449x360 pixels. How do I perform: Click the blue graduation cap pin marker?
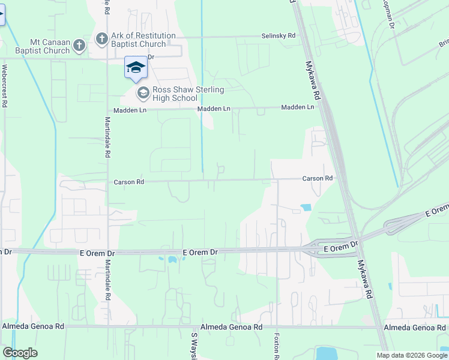click(x=136, y=67)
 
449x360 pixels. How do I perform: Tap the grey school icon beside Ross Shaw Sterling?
click(x=143, y=93)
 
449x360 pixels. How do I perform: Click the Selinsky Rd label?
click(x=279, y=36)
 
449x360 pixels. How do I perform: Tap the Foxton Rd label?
click(x=277, y=346)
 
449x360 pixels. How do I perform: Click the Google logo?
click(x=20, y=353)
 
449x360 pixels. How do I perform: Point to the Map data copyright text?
click(x=411, y=355)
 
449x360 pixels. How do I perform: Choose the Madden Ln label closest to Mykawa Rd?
click(x=298, y=107)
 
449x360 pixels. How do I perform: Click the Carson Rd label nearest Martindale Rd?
click(x=129, y=182)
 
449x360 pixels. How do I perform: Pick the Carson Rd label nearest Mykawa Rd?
click(x=317, y=179)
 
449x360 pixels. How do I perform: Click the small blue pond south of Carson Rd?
click(x=306, y=208)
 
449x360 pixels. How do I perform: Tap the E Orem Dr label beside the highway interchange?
click(x=340, y=247)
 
